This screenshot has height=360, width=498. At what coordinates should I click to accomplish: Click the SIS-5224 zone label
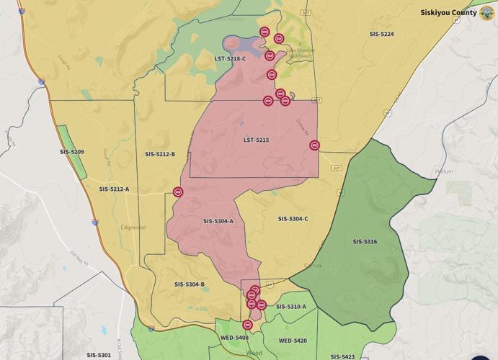[381, 34]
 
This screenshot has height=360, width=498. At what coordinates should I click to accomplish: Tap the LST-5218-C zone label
[230, 58]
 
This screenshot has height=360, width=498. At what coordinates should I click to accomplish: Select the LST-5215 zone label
[256, 140]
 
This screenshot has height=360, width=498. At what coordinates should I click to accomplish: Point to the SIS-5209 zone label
[71, 152]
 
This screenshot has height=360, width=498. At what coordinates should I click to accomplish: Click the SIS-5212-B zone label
[159, 154]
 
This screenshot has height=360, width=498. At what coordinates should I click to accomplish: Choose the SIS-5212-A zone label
[114, 189]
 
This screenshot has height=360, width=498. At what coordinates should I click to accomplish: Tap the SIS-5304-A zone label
[218, 221]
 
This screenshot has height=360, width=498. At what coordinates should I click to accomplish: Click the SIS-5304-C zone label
[293, 218]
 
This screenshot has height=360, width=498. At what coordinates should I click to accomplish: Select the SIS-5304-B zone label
[189, 284]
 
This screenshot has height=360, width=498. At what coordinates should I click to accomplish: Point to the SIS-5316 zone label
[365, 241]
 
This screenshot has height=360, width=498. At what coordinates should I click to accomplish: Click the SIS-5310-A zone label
[290, 307]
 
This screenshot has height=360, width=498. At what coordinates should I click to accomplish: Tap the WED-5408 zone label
[234, 338]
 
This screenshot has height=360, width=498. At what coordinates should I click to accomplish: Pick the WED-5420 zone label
[293, 341]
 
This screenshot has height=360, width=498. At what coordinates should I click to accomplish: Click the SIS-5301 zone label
[99, 355]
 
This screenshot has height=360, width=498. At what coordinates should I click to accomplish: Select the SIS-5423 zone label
[342, 356]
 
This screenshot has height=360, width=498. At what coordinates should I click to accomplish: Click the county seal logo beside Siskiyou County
[486, 12]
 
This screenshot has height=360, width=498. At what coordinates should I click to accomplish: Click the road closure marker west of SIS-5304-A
[178, 192]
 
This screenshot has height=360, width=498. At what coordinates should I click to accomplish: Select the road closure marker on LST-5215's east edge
[314, 145]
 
